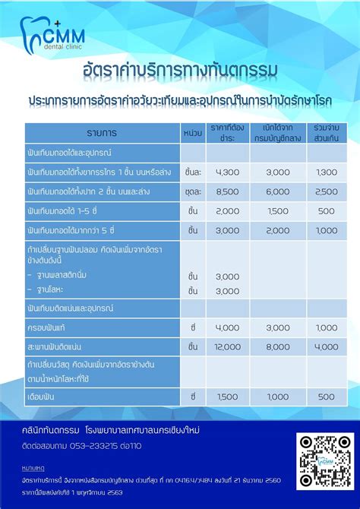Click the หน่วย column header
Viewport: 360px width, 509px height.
click(193, 133)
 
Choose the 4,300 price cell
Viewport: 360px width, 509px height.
click(228, 172)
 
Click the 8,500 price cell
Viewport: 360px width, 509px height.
click(228, 191)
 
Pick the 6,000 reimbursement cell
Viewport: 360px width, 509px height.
click(277, 191)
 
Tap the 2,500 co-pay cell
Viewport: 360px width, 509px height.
click(327, 191)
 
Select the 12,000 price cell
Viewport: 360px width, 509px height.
click(228, 346)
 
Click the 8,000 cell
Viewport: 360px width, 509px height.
click(277, 346)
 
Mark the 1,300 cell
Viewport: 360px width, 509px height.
click(327, 172)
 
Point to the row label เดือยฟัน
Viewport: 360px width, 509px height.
click(43, 396)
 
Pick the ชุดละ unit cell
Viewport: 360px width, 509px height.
click(193, 191)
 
